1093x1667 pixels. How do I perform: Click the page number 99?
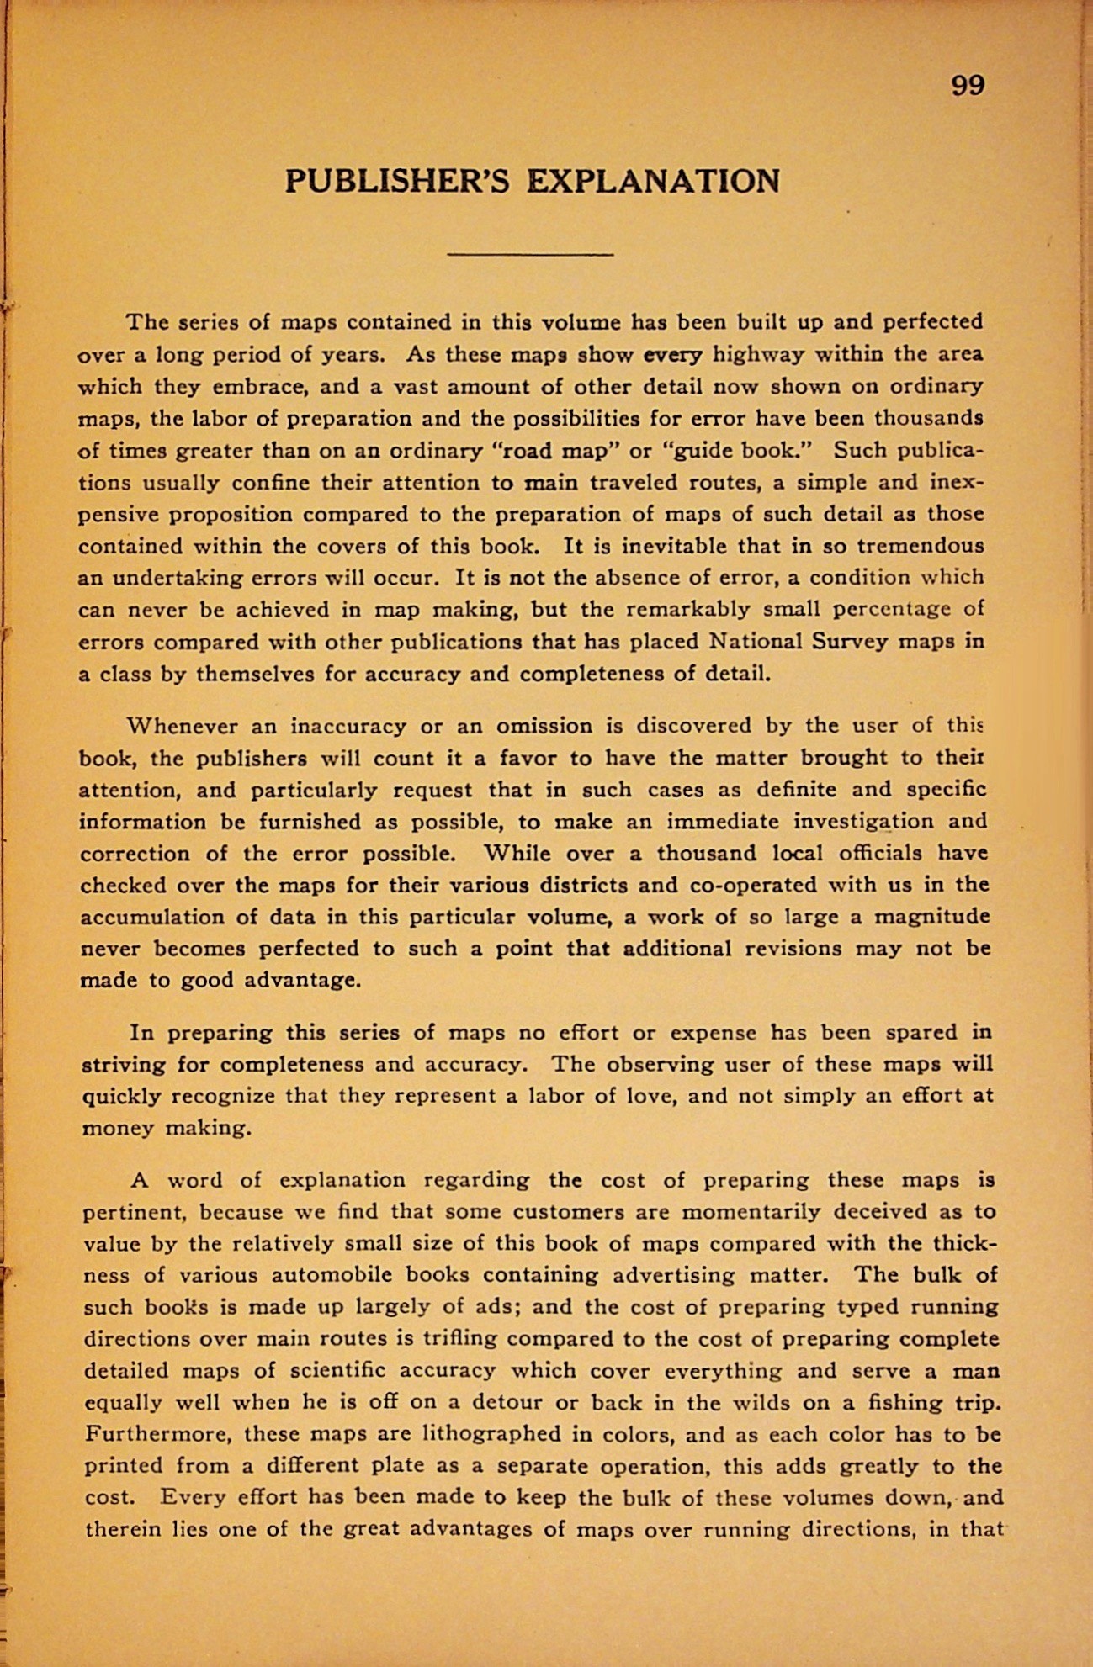(968, 85)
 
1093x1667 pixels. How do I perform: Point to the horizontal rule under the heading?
(530, 253)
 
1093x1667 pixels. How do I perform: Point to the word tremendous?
(920, 546)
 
